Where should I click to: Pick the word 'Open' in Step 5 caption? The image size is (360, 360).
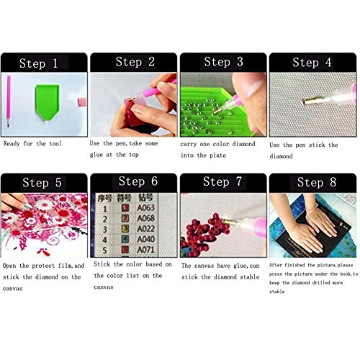(12, 265)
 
